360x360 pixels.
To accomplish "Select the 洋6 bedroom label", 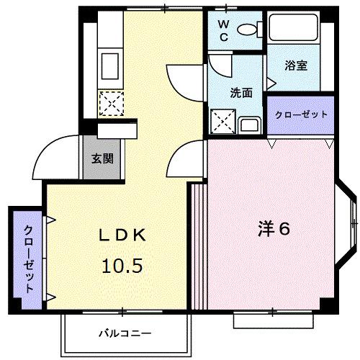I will tap(274, 230).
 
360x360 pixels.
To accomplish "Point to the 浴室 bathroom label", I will tap(296, 66).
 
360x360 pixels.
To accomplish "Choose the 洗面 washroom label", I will tap(241, 92).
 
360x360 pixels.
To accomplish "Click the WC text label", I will tap(224, 32).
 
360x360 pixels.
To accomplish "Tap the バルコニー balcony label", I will tap(125, 334).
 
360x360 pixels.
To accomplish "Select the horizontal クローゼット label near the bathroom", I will tap(300, 114).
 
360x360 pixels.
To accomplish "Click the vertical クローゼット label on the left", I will tap(28, 258).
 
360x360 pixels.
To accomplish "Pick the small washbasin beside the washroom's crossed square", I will tap(250, 125).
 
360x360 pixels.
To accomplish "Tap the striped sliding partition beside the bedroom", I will tap(197, 246).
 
